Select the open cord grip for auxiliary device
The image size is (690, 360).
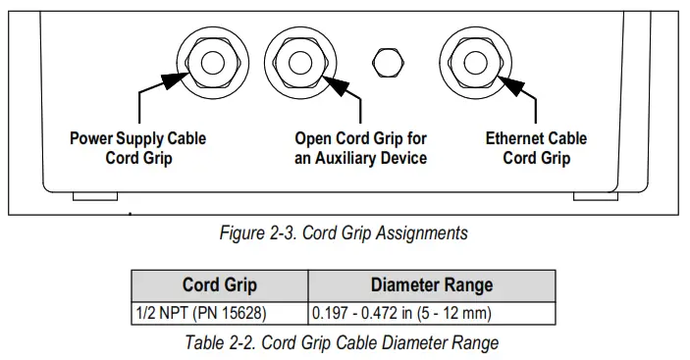300,62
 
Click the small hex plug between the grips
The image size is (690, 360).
387,62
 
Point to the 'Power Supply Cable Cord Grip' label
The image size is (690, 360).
137,148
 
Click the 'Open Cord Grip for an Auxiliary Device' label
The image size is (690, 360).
360,148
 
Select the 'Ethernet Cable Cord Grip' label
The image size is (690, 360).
536,148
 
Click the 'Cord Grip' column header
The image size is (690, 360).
220,285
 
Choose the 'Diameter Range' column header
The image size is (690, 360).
432,285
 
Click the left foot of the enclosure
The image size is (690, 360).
95,198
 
